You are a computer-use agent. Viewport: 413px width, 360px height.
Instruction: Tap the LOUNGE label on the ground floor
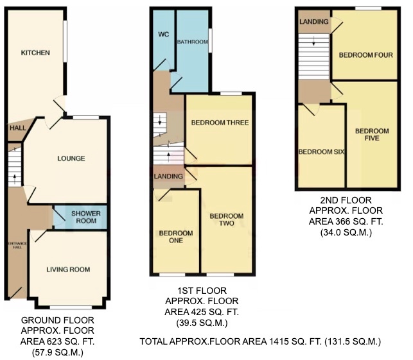pyautogui.click(x=71, y=158)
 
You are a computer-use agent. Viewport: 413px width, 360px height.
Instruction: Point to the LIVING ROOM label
pyautogui.click(x=68, y=269)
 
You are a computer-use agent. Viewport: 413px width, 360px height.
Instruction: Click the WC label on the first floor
pyautogui.click(x=163, y=35)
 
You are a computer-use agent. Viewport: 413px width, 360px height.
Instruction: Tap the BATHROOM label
pyautogui.click(x=193, y=42)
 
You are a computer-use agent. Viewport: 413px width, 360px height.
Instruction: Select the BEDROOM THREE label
pyautogui.click(x=220, y=122)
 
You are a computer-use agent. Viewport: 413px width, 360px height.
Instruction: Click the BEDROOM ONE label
pyautogui.click(x=172, y=236)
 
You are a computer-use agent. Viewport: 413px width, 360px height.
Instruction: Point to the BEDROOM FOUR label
pyautogui.click(x=365, y=55)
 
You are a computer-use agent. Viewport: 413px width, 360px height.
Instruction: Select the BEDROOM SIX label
pyautogui.click(x=322, y=152)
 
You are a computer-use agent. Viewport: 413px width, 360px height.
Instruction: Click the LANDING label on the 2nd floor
pyautogui.click(x=314, y=22)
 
